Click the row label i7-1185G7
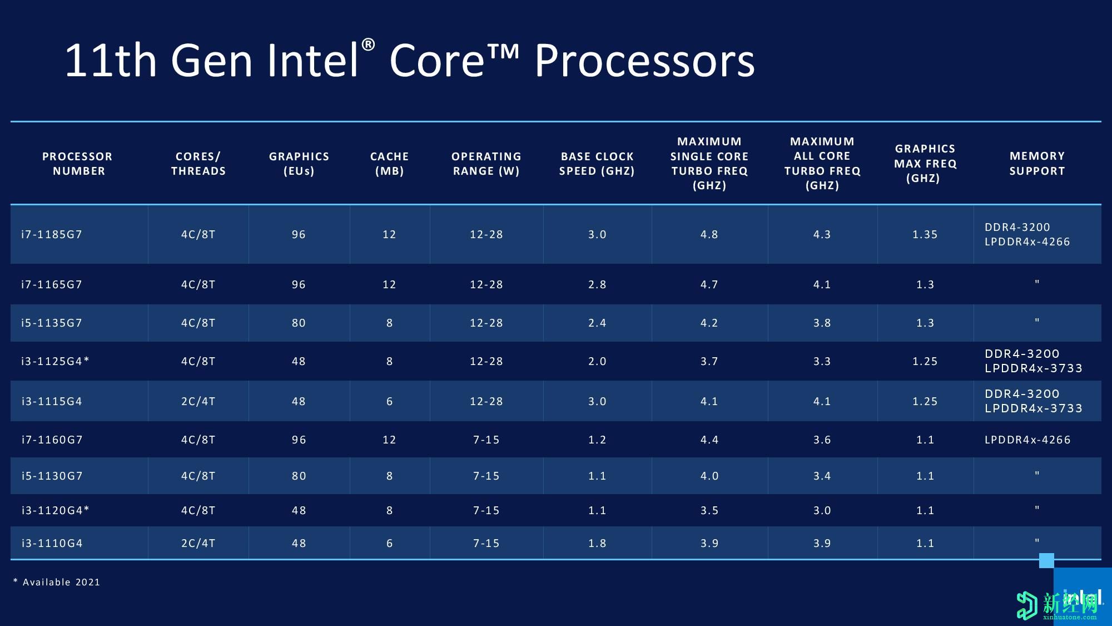(52, 235)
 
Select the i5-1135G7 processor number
(52, 323)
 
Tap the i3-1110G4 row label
(52, 544)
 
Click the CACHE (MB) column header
(389, 164)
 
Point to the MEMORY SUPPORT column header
(1037, 164)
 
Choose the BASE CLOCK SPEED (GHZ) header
(597, 164)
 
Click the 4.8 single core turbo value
(709, 235)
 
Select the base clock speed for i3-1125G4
(597, 362)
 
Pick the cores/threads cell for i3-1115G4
(198, 402)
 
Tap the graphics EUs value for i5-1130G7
(299, 476)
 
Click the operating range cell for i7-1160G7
(486, 440)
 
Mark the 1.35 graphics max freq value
(925, 235)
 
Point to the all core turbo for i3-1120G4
(822, 511)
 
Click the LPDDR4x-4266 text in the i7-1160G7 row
(1027, 440)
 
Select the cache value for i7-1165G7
(389, 285)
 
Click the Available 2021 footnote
(57, 582)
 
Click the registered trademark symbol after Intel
(368, 45)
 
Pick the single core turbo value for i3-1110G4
(709, 544)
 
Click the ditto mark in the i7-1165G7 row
(1037, 283)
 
